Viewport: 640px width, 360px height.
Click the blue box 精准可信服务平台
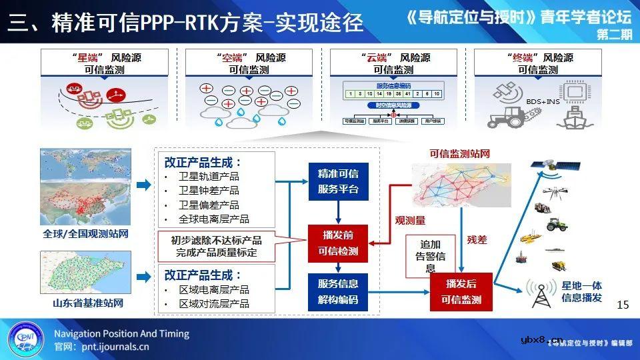point(339,181)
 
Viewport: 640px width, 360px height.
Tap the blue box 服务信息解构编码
point(339,291)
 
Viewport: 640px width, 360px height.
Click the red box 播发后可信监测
point(461,291)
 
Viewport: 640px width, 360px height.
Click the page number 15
point(623,305)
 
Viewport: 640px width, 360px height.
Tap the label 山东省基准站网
point(88,303)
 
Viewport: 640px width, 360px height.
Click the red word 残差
point(477,239)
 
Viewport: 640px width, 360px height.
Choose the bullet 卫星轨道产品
point(209,177)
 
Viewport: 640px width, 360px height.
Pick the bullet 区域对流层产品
point(213,303)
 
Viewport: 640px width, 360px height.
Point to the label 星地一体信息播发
point(582,291)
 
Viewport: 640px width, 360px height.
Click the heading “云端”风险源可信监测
point(393,63)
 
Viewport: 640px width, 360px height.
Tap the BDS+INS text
point(543,101)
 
